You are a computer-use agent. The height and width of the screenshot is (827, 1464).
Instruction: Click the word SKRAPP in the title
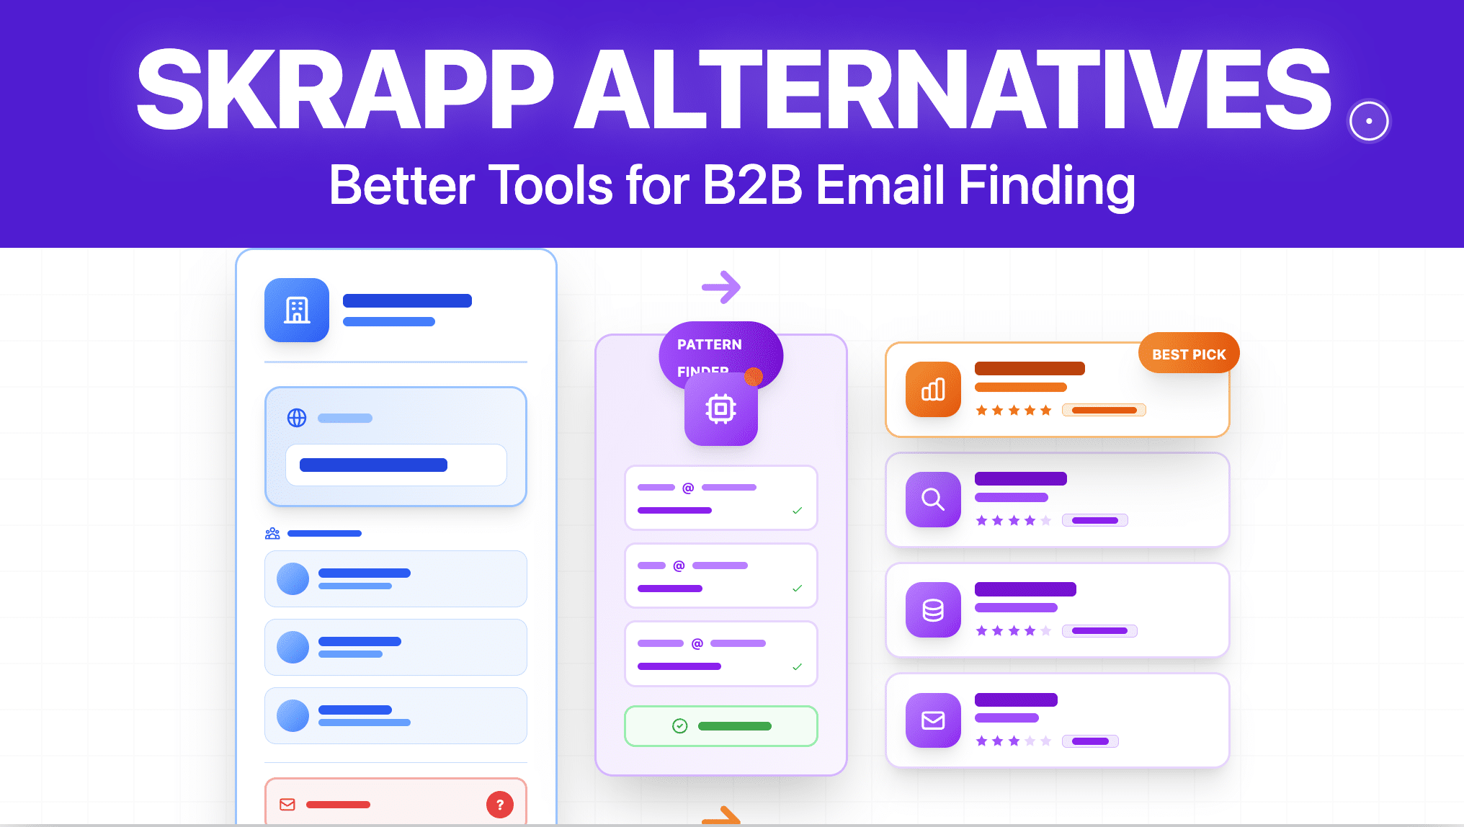click(344, 90)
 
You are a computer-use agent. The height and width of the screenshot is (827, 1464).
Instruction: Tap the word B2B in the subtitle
click(751, 185)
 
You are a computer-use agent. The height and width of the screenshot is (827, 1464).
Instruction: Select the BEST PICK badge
click(1188, 354)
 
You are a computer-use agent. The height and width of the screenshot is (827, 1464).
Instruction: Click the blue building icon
click(297, 310)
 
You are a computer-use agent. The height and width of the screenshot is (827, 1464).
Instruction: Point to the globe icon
click(297, 418)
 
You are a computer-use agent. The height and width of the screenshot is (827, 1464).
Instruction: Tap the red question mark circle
click(500, 805)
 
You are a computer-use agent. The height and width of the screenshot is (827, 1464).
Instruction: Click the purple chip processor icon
click(720, 408)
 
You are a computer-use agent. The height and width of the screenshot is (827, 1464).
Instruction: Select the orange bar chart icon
click(933, 390)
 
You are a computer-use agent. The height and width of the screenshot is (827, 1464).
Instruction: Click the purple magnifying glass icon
click(933, 499)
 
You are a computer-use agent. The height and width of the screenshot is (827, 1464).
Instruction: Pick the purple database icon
click(933, 610)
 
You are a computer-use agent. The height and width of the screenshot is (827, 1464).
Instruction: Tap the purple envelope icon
click(933, 720)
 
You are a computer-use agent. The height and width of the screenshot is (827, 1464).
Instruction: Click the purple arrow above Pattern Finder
click(721, 287)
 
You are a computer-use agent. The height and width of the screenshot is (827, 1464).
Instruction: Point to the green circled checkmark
click(679, 726)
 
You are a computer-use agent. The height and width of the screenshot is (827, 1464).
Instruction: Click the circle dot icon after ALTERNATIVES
click(1369, 121)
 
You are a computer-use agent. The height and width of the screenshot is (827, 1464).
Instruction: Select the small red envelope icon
click(287, 805)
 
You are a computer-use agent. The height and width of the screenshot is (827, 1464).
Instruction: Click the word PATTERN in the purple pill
click(709, 344)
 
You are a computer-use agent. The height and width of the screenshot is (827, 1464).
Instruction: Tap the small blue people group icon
click(272, 534)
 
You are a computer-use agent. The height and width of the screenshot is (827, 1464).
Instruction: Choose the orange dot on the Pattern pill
click(754, 376)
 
